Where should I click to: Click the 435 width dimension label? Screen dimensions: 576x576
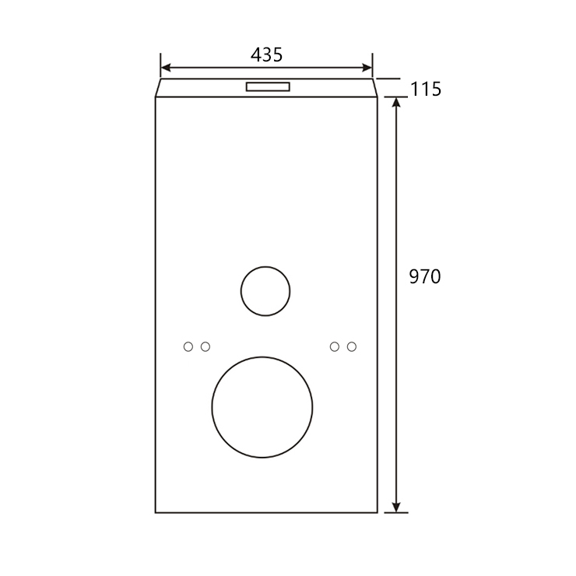(266, 54)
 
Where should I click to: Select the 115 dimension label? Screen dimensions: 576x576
(426, 90)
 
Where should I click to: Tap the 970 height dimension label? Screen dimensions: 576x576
(425, 276)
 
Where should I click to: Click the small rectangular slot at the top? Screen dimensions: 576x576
(268, 86)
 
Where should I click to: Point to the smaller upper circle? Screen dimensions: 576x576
(265, 291)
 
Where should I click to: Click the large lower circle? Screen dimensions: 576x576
(262, 407)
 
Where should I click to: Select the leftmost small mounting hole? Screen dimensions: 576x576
(188, 346)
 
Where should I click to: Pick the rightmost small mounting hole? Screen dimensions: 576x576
(352, 346)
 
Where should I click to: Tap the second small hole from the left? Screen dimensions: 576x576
(205, 346)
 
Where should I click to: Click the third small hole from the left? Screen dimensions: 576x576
(335, 346)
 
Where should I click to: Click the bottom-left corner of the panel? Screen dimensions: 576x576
(156, 512)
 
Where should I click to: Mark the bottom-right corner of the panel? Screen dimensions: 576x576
(378, 512)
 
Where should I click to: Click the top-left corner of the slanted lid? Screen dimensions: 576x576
(161, 79)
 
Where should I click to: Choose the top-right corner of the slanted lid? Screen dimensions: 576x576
(373, 79)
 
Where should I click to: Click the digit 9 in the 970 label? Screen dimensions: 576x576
(415, 276)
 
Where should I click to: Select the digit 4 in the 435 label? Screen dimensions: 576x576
(256, 54)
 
